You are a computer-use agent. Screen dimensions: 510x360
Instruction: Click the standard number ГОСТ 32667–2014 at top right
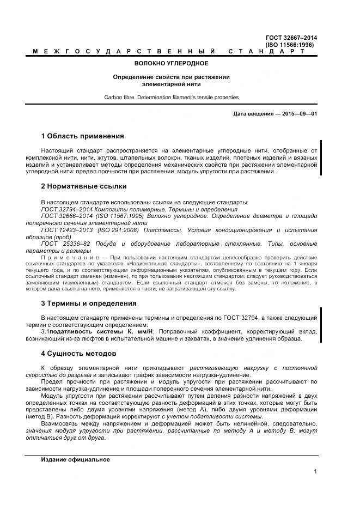point(291,38)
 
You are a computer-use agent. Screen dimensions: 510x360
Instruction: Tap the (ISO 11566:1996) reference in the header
point(291,45)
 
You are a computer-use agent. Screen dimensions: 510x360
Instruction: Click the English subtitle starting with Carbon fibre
point(171,98)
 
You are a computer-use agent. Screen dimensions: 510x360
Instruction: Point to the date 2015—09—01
point(299,113)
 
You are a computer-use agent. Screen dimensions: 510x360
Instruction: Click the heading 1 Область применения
point(82,136)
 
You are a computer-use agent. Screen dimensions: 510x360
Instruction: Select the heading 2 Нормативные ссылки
point(84,186)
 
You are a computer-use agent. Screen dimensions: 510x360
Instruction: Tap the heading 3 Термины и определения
point(89,303)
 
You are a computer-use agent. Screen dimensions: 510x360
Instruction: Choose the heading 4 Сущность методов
point(78,353)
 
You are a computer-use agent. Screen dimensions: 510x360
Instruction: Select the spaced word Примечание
point(68,257)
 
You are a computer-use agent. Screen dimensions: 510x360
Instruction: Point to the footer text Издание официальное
point(75,459)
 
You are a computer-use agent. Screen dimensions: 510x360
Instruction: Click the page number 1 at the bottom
point(315,472)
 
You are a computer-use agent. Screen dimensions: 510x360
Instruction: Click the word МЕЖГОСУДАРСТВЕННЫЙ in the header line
point(123,51)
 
